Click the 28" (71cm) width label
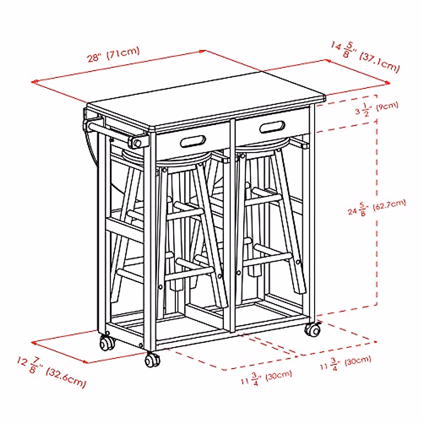(113, 55)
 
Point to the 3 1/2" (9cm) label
(376, 109)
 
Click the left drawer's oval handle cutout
(193, 141)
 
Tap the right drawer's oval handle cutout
(272, 127)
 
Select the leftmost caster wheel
(107, 343)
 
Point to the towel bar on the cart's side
(113, 132)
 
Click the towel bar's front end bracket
(138, 142)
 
